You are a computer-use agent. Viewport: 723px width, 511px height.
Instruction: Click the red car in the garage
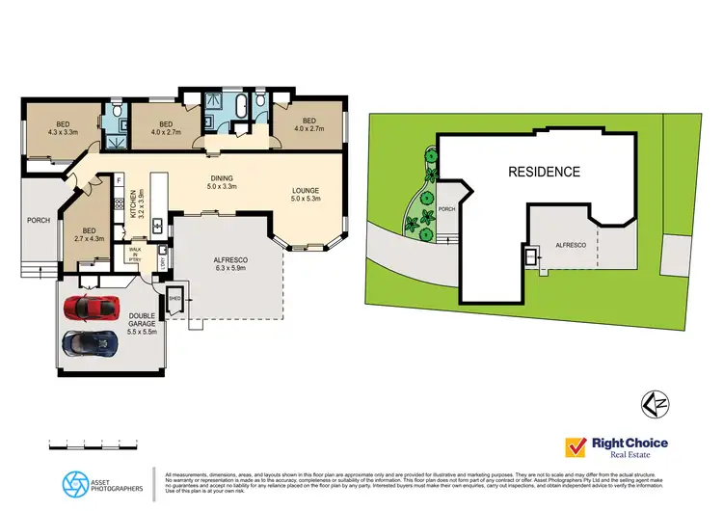(x=91, y=309)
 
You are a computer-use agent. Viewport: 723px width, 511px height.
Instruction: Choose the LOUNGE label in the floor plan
(x=306, y=197)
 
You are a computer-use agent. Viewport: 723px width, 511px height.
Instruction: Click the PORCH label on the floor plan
(x=38, y=220)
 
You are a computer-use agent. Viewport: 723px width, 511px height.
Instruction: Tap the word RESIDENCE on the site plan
(x=545, y=173)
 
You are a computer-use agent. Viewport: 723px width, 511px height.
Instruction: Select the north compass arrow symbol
(x=654, y=403)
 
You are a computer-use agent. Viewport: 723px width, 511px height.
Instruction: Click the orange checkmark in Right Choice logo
(x=576, y=447)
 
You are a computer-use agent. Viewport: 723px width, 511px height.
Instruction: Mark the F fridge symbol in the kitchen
(x=119, y=179)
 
